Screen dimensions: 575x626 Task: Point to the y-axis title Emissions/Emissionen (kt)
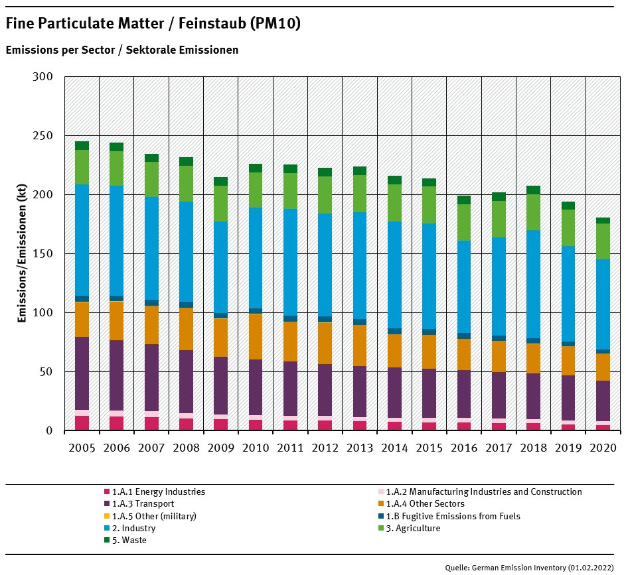tap(22, 254)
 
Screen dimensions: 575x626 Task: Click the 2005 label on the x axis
tap(82, 448)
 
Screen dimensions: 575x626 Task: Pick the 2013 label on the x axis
tap(360, 448)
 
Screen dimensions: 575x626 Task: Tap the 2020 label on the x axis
tap(603, 448)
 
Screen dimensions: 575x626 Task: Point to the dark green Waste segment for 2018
tap(533, 190)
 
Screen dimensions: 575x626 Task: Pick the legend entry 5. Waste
tap(129, 540)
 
